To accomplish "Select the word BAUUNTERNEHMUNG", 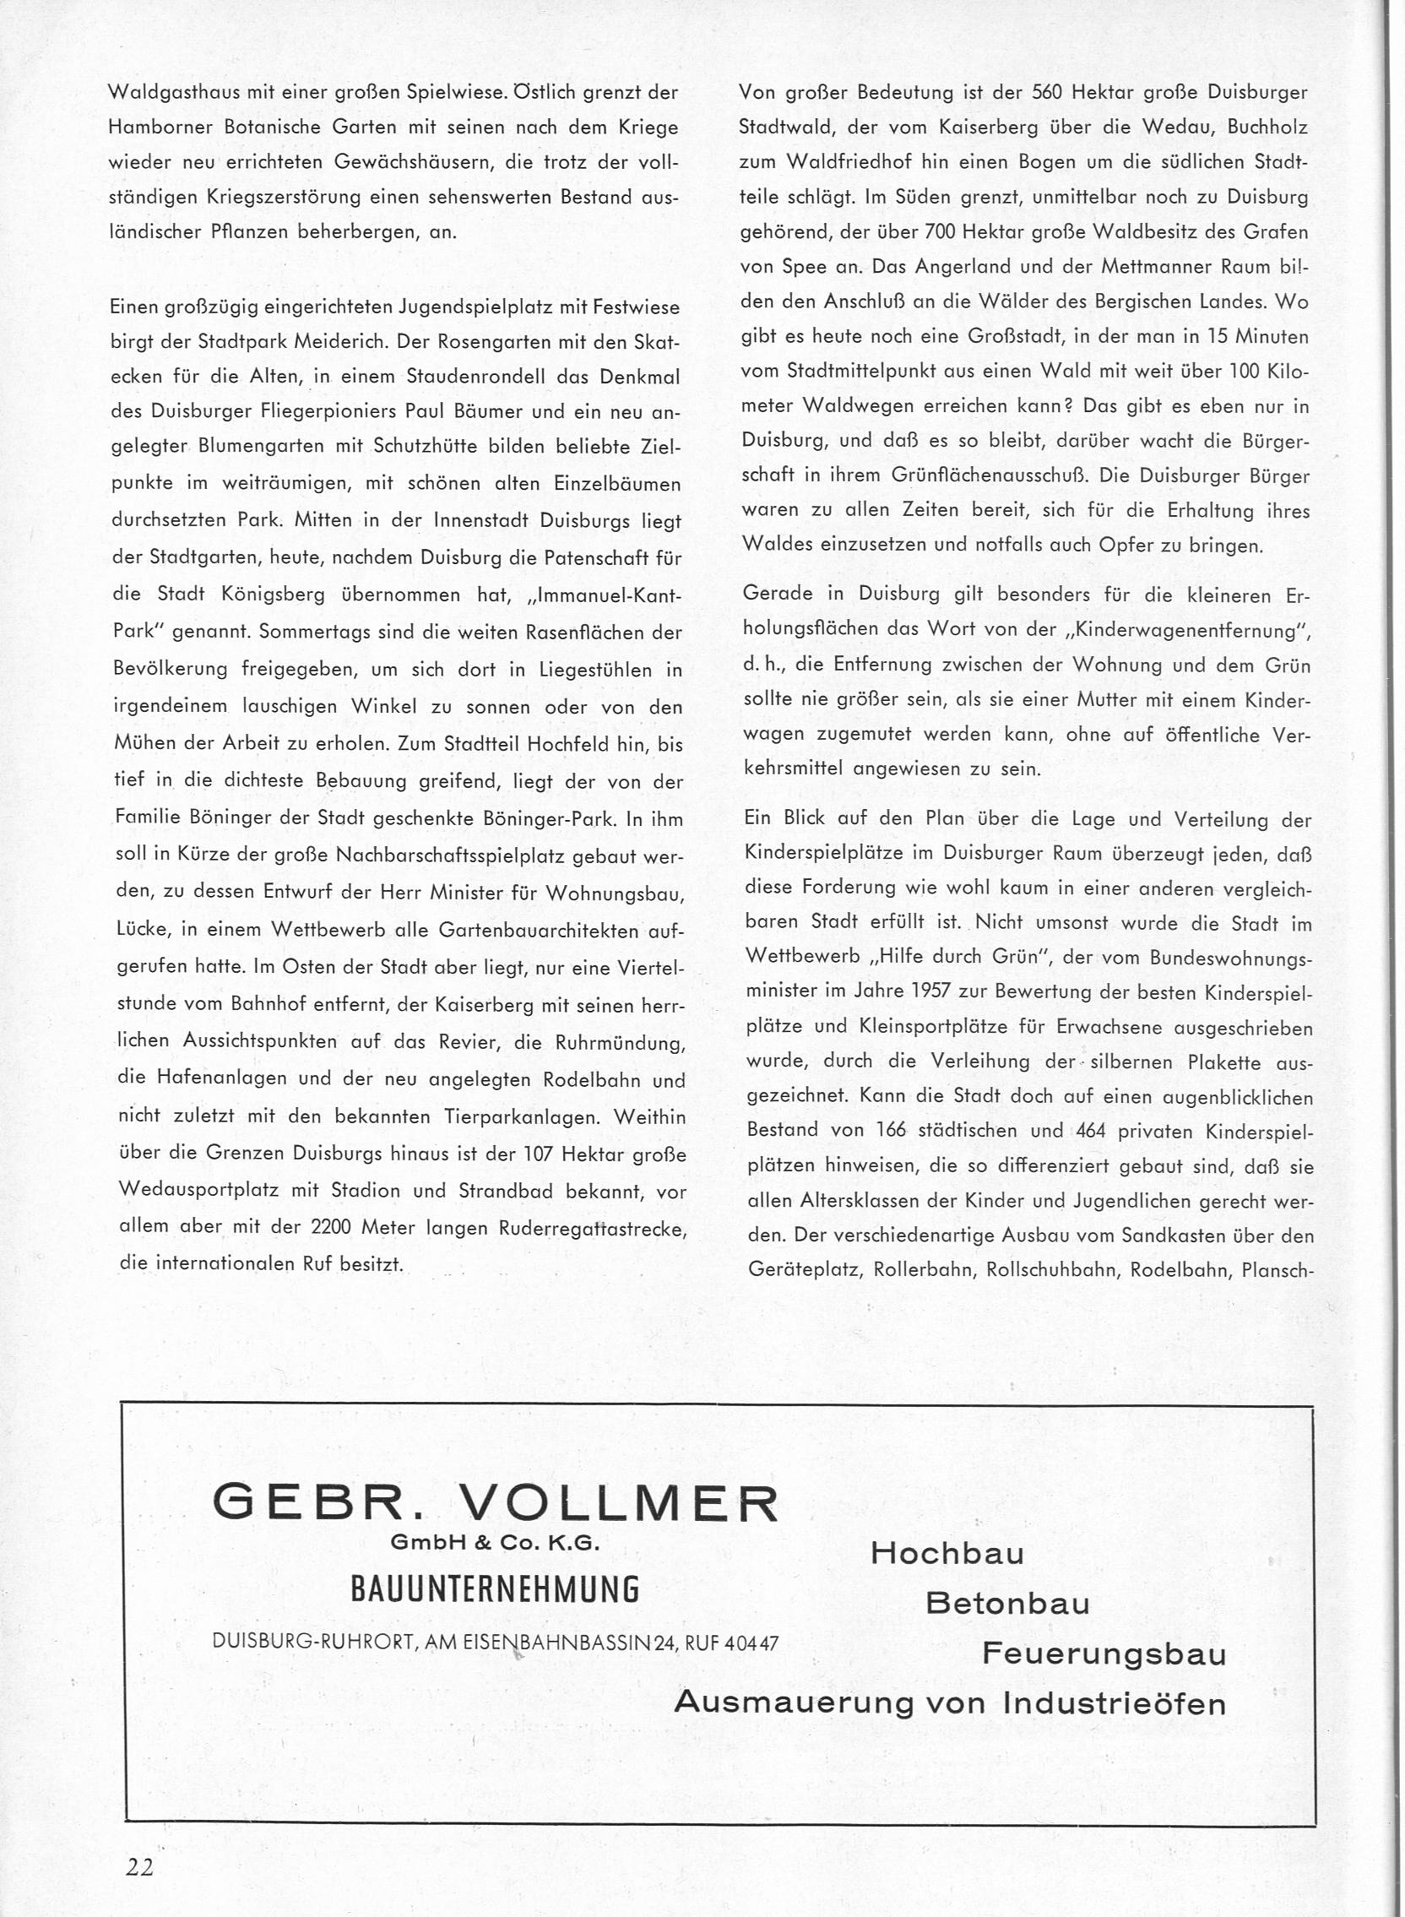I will click(495, 1588).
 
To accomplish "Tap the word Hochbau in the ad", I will click(947, 1554).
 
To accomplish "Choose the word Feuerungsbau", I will click(1104, 1654).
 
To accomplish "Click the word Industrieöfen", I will click(1115, 1702).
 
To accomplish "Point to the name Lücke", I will click(139, 930).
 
